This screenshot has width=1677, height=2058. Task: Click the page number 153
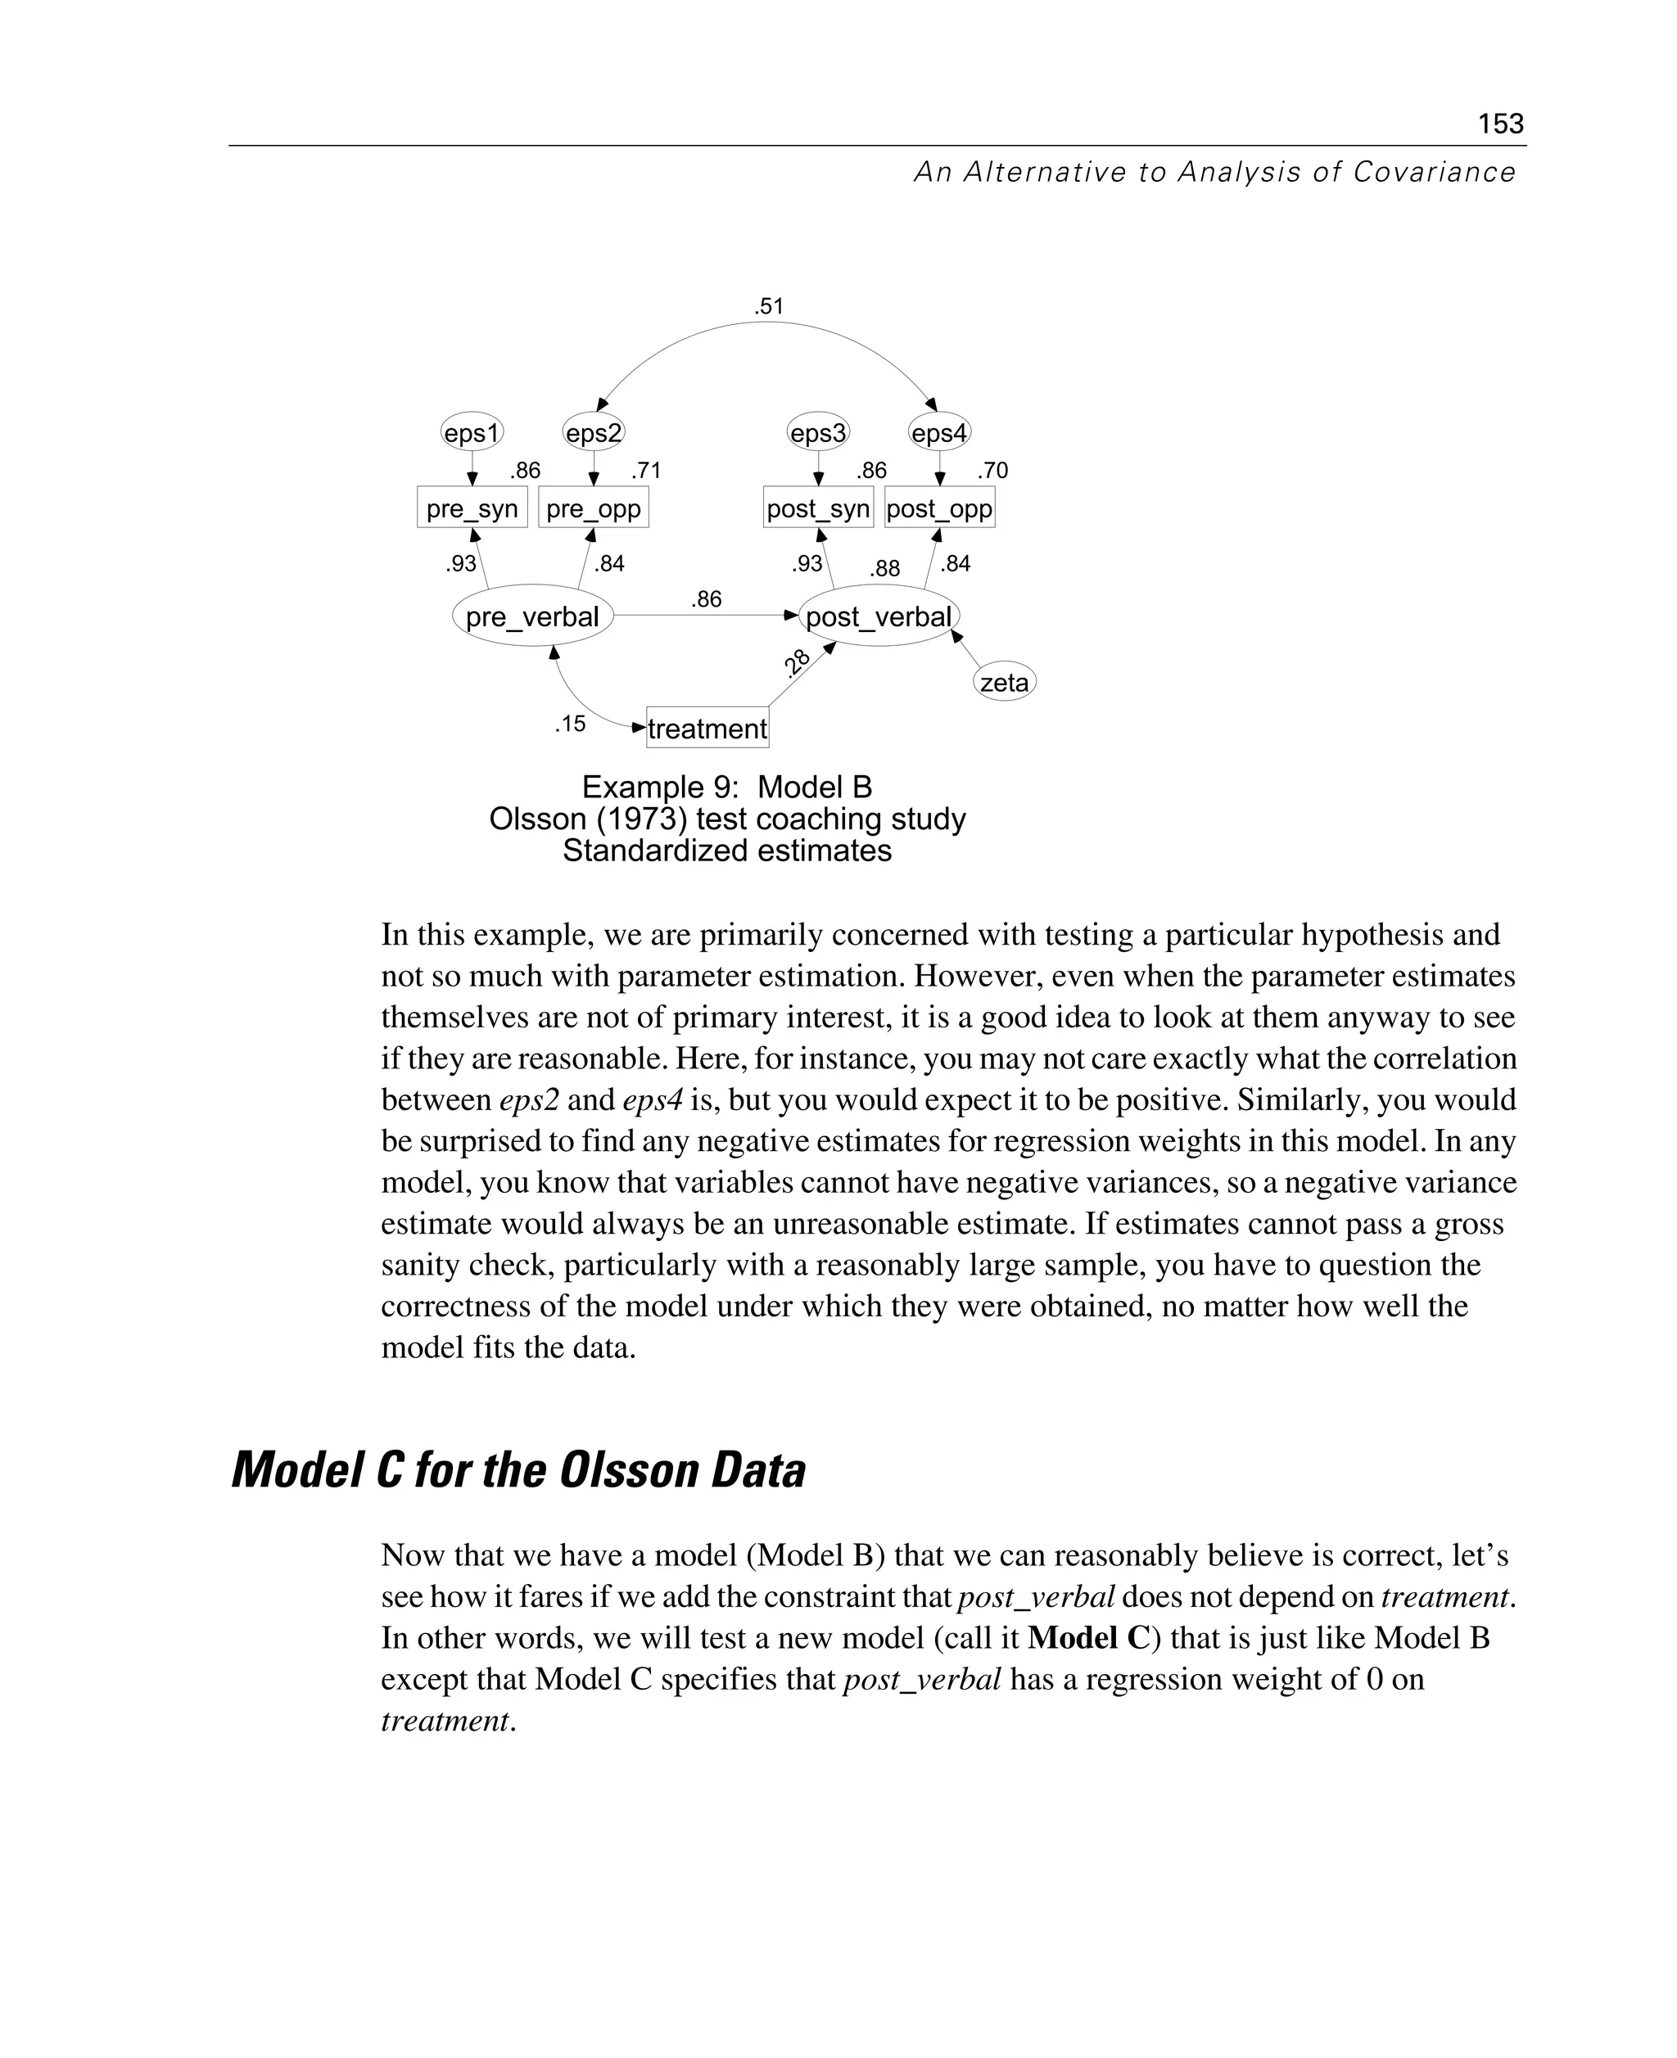1500,124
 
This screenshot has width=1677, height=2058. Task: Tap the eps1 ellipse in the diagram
472,433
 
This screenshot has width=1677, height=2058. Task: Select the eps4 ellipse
939,433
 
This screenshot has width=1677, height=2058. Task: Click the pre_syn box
472,508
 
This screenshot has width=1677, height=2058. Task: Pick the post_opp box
939,508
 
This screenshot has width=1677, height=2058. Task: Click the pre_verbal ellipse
532,616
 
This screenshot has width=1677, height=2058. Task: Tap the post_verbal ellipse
878,616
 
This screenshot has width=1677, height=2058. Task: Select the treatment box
707,729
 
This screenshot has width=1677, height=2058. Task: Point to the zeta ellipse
1004,683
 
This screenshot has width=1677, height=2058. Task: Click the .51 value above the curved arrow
769,307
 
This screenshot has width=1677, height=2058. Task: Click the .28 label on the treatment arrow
797,662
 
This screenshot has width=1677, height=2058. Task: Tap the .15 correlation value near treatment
570,724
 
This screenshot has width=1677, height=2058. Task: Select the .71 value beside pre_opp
646,471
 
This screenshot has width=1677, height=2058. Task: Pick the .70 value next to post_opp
992,471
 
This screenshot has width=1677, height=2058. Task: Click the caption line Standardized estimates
726,851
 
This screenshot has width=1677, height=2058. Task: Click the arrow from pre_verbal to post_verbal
705,615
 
